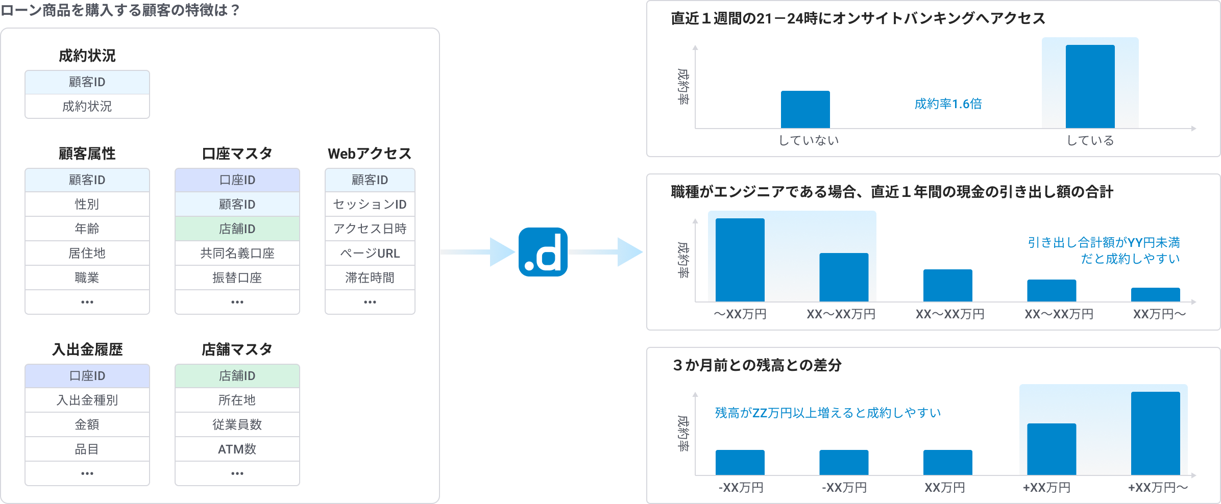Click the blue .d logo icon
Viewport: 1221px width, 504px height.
point(543,252)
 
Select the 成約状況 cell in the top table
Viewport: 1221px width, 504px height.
point(87,107)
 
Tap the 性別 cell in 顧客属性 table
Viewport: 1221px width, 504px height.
point(87,205)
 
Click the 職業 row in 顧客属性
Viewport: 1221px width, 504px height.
point(87,278)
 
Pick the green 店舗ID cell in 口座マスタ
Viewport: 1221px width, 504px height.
point(237,229)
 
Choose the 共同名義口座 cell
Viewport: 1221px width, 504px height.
point(237,254)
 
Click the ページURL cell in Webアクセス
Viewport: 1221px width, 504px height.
point(370,254)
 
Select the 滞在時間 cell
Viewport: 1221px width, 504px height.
point(370,278)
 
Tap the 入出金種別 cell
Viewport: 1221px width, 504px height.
point(87,400)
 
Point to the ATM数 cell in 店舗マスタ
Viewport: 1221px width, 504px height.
point(237,449)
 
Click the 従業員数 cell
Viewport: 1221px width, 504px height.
point(237,425)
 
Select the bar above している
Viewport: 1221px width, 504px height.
point(1090,87)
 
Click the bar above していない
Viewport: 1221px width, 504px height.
point(805,110)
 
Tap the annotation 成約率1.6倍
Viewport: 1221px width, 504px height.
point(948,104)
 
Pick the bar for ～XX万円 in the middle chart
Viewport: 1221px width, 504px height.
point(740,260)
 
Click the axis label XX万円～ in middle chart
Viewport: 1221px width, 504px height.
point(1159,314)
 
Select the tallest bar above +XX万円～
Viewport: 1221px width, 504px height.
point(1155,434)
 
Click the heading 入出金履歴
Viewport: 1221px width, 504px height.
point(87,349)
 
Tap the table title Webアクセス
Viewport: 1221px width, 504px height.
point(370,154)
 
